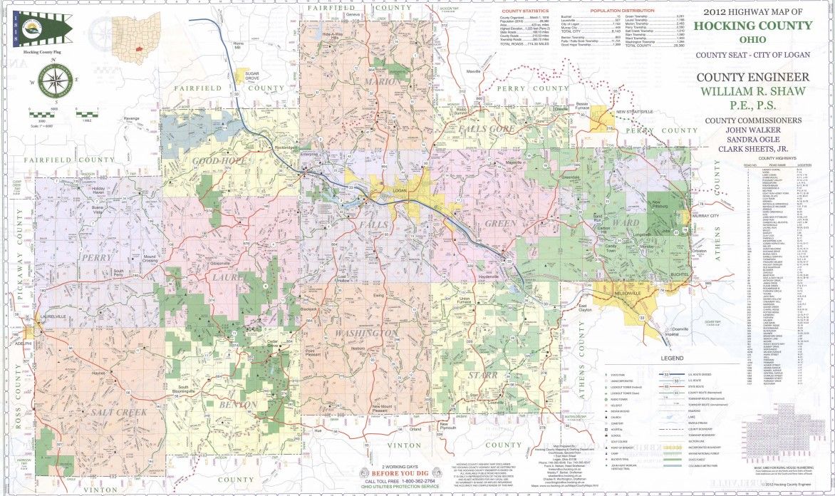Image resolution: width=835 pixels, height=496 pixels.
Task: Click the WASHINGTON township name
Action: click(x=365, y=334)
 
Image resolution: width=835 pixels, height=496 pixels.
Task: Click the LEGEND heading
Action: click(x=671, y=357)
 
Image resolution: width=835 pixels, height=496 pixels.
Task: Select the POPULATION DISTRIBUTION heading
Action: click(x=622, y=11)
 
